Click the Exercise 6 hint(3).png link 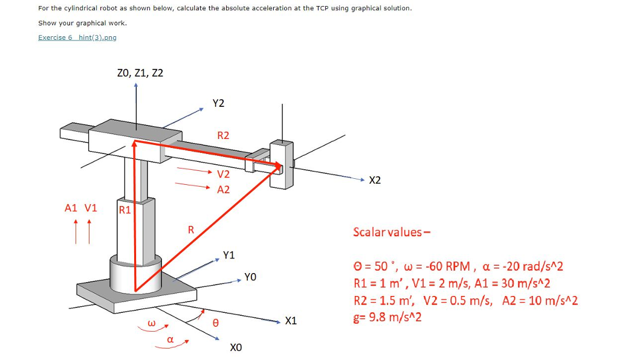(x=77, y=37)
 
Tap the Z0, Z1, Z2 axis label (x=140, y=73)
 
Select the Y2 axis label (x=218, y=103)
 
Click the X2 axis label (x=375, y=181)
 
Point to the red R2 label (x=223, y=135)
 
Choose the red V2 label (x=223, y=175)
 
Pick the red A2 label (x=223, y=190)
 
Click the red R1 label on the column (x=125, y=210)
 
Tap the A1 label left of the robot (x=71, y=208)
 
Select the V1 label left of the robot (x=91, y=208)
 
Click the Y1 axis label (x=228, y=255)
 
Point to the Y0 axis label (x=250, y=277)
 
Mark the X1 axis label (x=291, y=321)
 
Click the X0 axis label (x=236, y=348)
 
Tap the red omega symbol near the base (x=152, y=324)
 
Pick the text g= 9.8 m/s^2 (x=387, y=317)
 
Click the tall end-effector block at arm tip (x=281, y=164)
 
